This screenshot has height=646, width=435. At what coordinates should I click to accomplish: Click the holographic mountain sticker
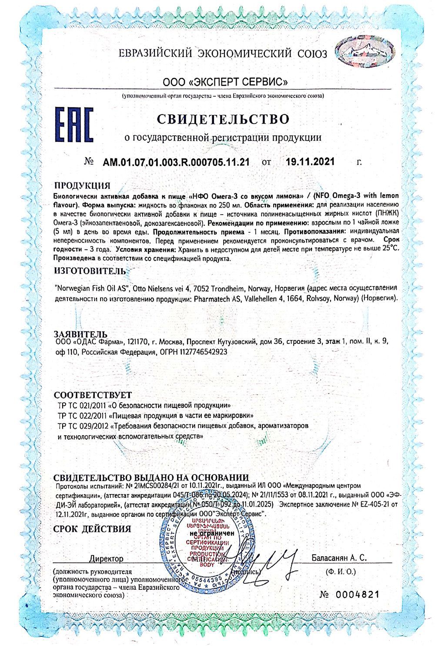pyautogui.click(x=368, y=54)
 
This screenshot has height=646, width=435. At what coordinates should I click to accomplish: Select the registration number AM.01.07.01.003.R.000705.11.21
pyautogui.click(x=176, y=162)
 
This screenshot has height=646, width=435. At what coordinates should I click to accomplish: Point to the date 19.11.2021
pyautogui.click(x=310, y=162)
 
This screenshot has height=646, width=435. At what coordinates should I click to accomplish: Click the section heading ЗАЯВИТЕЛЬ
pyautogui.click(x=83, y=334)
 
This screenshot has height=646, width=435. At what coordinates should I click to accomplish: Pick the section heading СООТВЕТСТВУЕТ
pyautogui.click(x=92, y=395)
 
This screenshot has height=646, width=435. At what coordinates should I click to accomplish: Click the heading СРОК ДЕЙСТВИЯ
pyautogui.click(x=92, y=529)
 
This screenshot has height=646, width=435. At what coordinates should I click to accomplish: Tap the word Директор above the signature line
pyautogui.click(x=106, y=559)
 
